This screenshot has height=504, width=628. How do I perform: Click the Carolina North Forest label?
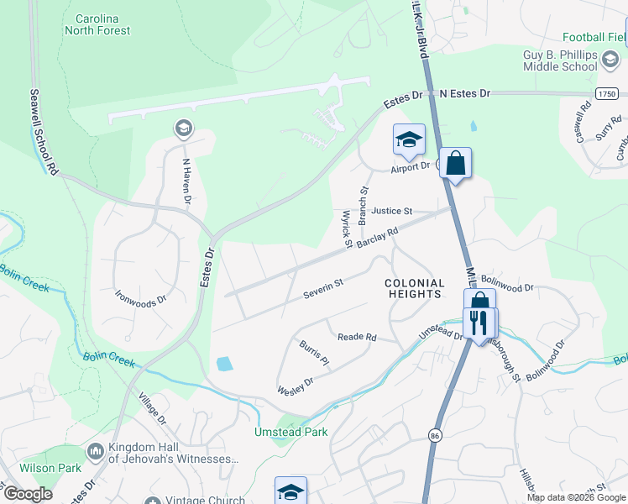(98, 24)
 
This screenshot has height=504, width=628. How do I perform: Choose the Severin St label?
(323, 288)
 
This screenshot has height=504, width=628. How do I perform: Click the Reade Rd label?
(357, 337)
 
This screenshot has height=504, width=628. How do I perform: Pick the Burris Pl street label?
(312, 352)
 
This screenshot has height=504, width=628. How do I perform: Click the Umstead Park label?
(290, 433)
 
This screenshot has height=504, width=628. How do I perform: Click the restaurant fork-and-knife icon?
(479, 323)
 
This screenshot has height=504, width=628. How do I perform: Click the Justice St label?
(392, 211)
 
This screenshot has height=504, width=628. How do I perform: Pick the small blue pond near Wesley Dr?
(223, 364)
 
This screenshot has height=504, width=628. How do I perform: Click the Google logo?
(27, 495)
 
